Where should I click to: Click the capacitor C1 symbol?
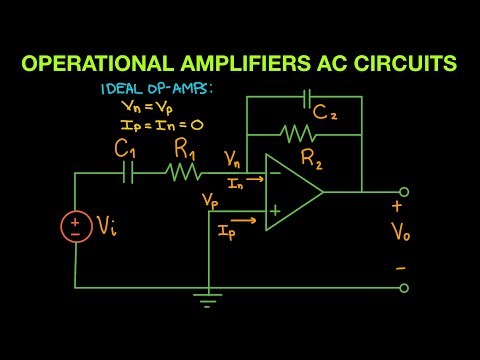pos(127,173)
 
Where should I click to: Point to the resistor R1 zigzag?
pos(183,173)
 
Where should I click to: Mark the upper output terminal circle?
pos(404,192)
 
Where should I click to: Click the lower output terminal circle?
pos(404,288)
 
